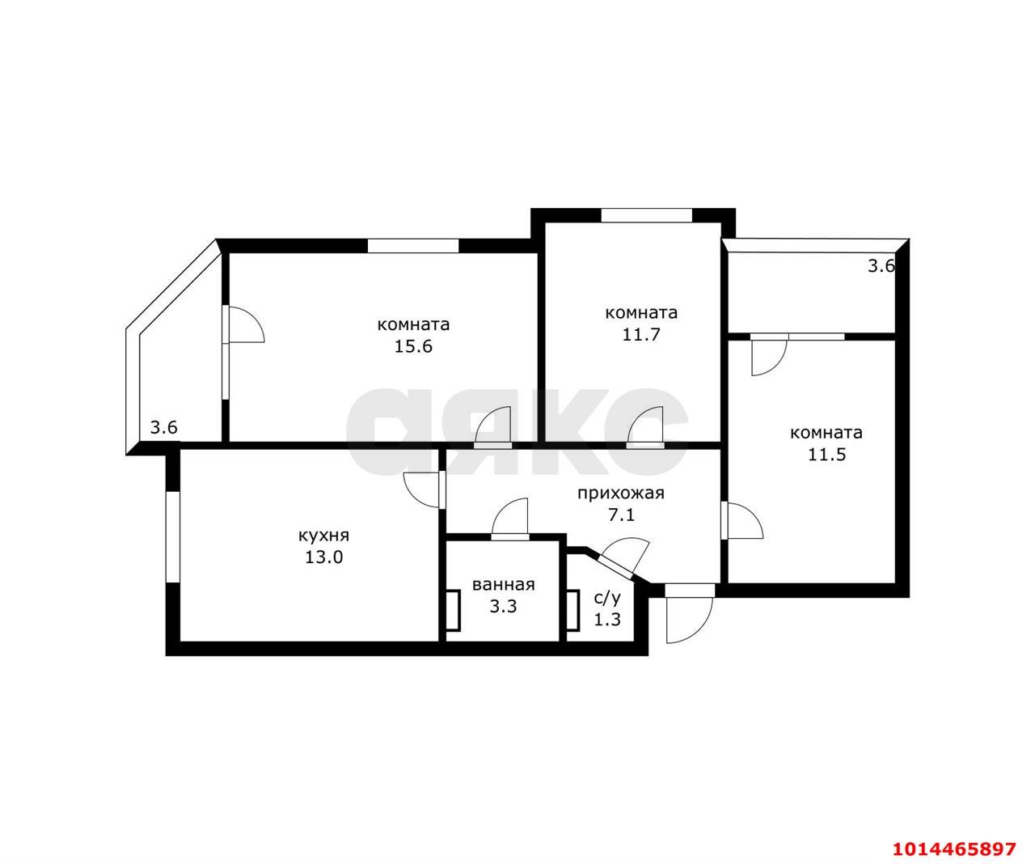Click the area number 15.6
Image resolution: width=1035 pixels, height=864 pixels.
click(413, 346)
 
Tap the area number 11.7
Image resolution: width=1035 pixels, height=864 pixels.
click(641, 334)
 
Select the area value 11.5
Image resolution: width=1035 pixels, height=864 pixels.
click(826, 455)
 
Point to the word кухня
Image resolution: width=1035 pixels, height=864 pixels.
click(323, 536)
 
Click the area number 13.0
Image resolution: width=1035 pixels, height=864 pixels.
click(323, 557)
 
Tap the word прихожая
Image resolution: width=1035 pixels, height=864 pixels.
click(621, 493)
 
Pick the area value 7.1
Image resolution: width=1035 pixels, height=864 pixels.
click(621, 515)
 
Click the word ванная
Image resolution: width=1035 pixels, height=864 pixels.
click(504, 585)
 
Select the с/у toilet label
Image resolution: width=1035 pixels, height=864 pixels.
click(607, 599)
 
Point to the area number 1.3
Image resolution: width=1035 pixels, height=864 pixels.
click(607, 620)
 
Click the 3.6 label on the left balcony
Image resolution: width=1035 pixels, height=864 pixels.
click(163, 427)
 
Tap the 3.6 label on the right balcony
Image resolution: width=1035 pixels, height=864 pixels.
click(881, 266)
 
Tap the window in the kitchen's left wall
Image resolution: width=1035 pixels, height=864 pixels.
click(172, 536)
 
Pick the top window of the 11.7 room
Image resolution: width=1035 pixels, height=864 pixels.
click(646, 215)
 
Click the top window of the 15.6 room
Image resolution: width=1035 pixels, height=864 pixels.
click(413, 246)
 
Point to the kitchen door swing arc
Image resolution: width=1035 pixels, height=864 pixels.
click(422, 490)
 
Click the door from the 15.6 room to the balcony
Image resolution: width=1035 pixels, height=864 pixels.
click(243, 324)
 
